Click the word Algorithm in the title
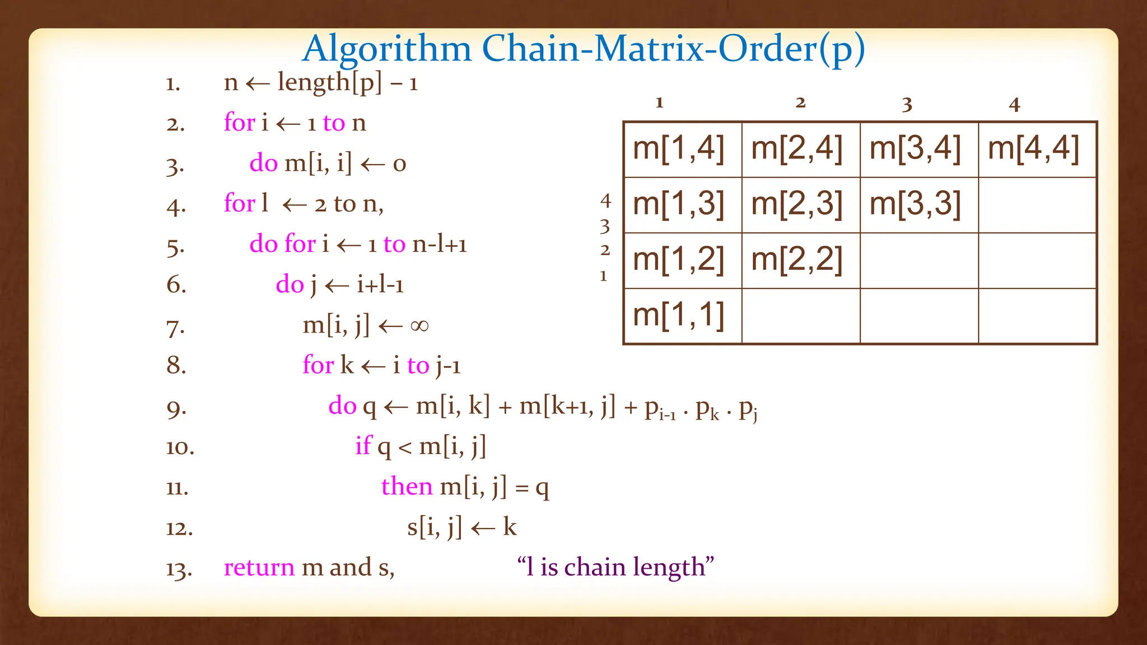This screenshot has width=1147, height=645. (x=387, y=49)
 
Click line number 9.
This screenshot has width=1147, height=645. (x=176, y=408)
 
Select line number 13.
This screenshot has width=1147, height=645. (x=179, y=569)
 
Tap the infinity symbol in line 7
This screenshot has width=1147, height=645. (x=419, y=325)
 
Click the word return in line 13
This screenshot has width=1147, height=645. (x=259, y=567)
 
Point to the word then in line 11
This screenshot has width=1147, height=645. (x=407, y=486)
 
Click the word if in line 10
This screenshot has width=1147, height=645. (x=363, y=446)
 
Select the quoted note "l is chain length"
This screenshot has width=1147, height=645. (x=616, y=567)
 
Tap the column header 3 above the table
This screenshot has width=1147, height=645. (x=907, y=104)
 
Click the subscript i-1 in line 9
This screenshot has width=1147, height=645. (x=667, y=415)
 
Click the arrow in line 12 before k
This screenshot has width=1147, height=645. (x=483, y=528)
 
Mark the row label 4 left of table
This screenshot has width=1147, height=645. (x=605, y=200)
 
